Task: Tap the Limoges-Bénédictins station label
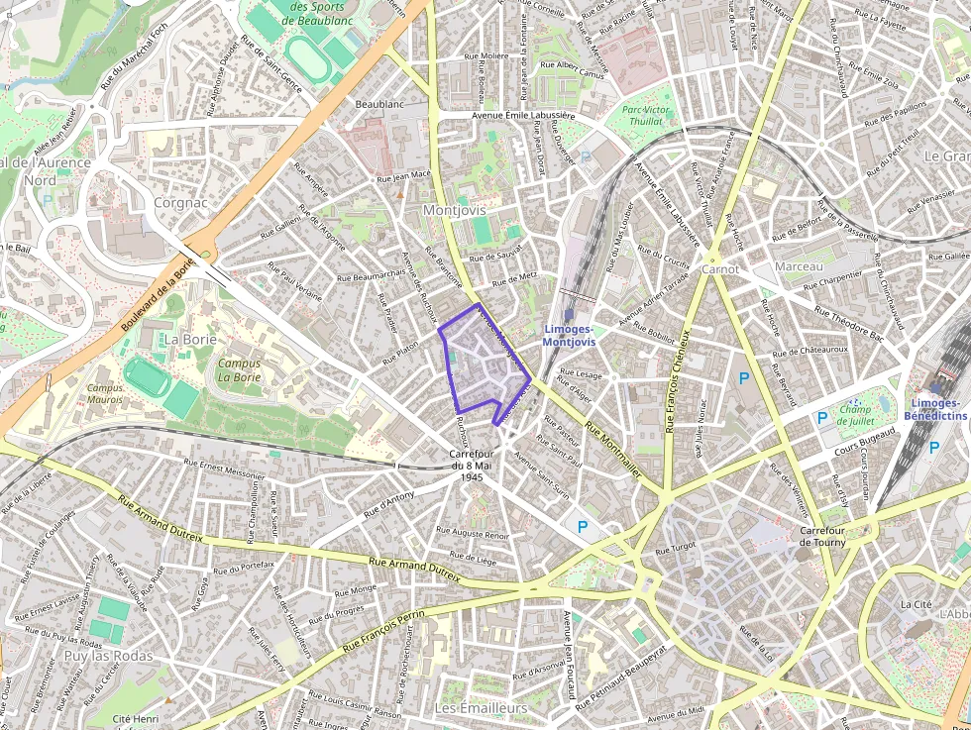935,409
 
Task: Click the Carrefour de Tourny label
822,536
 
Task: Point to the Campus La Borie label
239,369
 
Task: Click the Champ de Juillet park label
855,413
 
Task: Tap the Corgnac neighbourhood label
181,202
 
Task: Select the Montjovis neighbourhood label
455,210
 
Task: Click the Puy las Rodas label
109,656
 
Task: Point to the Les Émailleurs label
482,708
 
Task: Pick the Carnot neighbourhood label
720,268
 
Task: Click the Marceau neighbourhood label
800,267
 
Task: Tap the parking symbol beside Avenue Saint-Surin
583,527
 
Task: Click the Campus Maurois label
106,393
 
